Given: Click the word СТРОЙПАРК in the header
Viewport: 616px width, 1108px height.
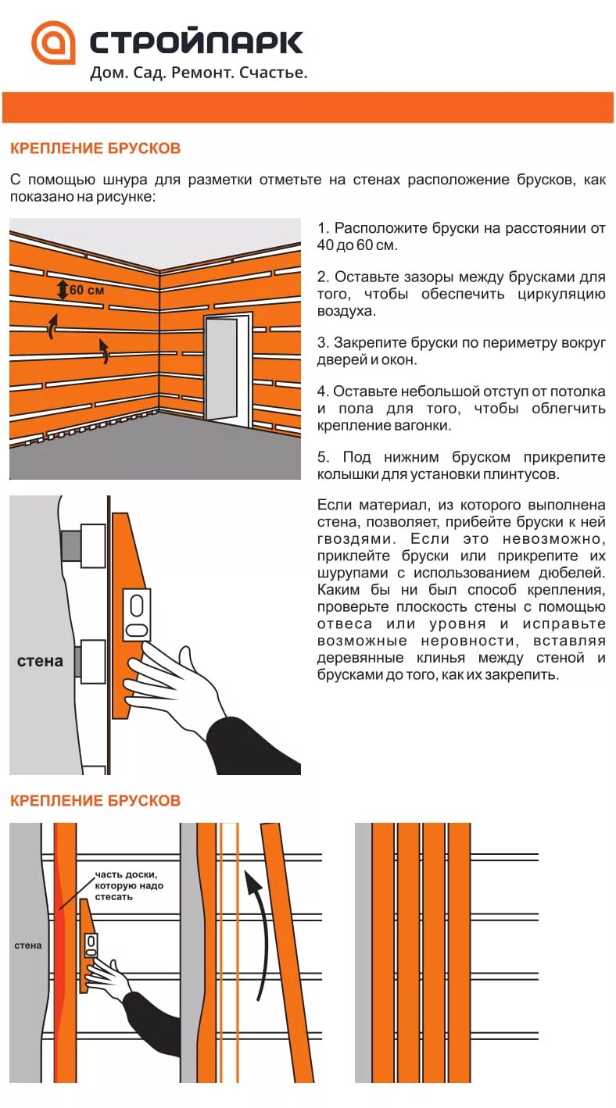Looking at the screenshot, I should [x=196, y=42].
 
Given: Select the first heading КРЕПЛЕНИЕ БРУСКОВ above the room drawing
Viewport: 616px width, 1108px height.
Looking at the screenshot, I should [x=95, y=148].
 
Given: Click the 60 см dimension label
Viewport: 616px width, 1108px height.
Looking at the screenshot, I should [x=87, y=290].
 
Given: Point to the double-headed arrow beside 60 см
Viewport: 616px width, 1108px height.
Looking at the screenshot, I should [x=63, y=290].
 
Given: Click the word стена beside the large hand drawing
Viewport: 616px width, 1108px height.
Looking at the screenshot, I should [x=40, y=661].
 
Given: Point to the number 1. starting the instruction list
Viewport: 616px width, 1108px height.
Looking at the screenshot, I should [x=324, y=228].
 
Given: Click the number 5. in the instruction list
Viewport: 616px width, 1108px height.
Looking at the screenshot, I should [x=324, y=457].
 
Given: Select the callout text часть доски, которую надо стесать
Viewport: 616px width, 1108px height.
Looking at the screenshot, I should [x=126, y=885].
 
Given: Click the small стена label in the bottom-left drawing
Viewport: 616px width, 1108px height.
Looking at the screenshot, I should [x=28, y=945].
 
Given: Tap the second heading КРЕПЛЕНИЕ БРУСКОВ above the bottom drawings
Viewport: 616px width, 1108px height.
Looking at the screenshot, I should [x=95, y=801].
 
